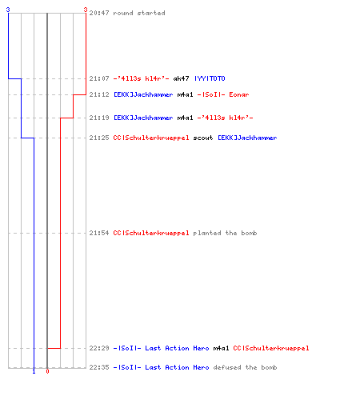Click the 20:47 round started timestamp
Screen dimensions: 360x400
click(99, 13)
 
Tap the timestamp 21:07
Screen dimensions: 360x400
click(99, 78)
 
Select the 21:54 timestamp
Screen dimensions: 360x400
click(99, 233)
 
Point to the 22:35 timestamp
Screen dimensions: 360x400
click(99, 367)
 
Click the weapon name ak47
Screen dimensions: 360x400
click(181, 78)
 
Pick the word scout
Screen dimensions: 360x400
click(203, 138)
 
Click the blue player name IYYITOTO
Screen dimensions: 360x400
click(210, 78)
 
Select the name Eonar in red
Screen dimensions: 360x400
click(239, 94)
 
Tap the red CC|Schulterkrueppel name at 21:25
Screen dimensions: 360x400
click(151, 138)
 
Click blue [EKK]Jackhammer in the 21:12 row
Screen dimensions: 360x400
click(143, 94)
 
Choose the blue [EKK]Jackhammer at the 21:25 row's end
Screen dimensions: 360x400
click(247, 138)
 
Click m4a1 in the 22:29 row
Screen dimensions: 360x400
click(221, 348)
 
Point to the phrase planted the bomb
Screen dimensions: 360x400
click(225, 233)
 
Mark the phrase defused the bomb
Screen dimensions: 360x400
click(245, 367)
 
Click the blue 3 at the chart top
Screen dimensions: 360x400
click(8, 10)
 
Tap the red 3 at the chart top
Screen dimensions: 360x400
click(86, 10)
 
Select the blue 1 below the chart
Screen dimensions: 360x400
click(34, 371)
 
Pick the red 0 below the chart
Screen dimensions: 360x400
click(47, 371)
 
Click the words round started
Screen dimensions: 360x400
click(139, 13)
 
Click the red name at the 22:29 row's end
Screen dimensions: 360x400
click(271, 348)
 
